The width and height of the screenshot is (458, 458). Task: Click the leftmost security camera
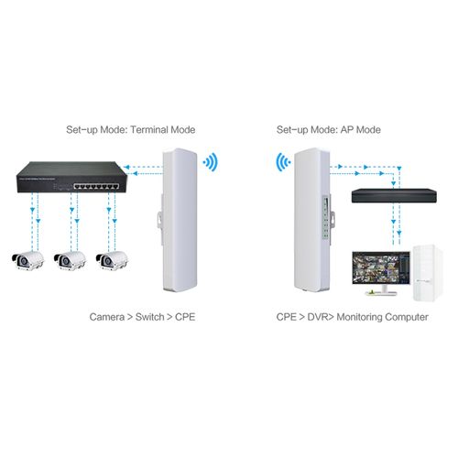(27, 261)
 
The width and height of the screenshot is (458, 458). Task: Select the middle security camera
(70, 261)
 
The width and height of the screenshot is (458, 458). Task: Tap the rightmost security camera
(112, 261)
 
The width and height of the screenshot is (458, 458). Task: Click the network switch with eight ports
(71, 177)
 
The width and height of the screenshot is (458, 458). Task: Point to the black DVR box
(394, 196)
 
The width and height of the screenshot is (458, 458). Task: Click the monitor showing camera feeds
(381, 273)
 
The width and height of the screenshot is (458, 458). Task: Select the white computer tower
(428, 273)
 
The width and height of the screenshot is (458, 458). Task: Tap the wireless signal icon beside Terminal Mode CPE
(211, 162)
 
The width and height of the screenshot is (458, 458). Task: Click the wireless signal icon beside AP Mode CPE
(283, 162)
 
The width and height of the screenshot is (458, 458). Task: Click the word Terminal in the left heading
(149, 130)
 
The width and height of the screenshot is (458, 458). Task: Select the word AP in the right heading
(347, 130)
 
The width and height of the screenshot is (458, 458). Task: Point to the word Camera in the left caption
(107, 317)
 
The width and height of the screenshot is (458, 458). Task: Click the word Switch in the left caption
(150, 317)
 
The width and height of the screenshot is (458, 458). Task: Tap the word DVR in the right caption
(318, 317)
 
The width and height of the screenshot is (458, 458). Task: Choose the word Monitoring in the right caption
(358, 318)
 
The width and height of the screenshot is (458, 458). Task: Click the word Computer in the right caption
(406, 318)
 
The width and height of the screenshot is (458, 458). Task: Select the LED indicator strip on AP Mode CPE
(326, 217)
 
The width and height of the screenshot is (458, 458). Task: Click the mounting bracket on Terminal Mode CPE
(160, 219)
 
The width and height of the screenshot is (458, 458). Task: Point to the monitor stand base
(381, 293)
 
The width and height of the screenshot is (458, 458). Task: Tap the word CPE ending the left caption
(185, 317)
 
